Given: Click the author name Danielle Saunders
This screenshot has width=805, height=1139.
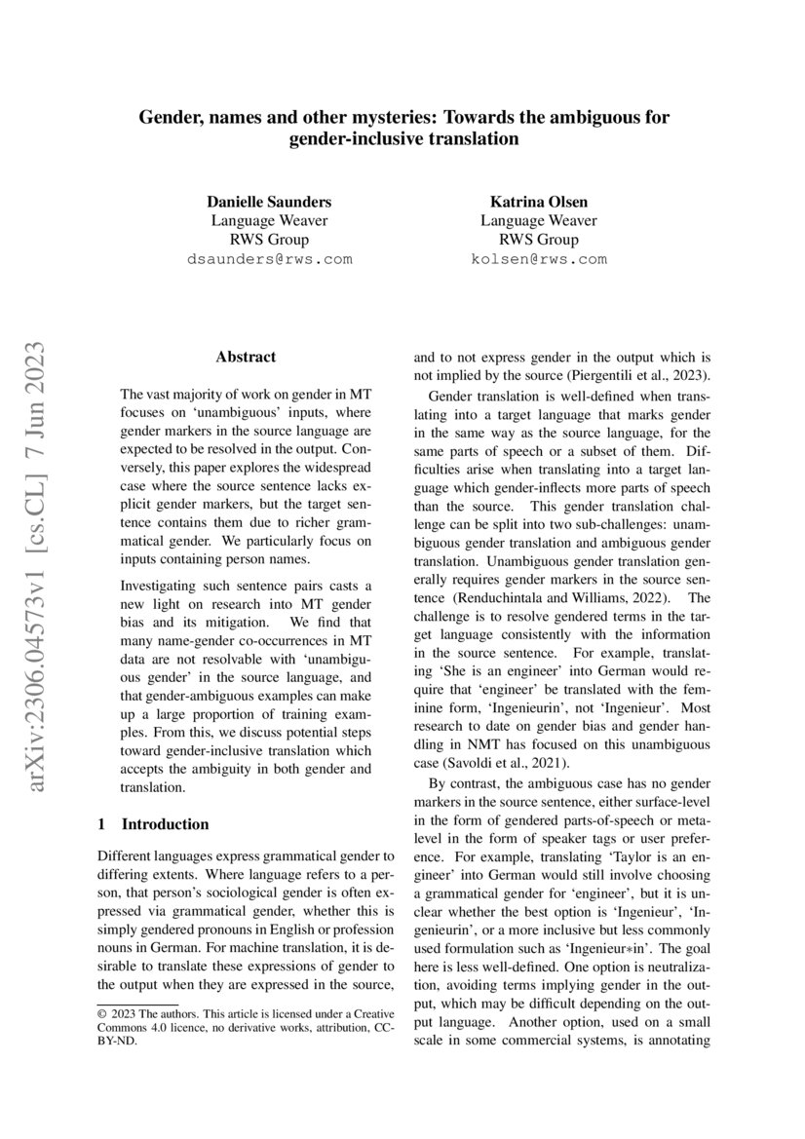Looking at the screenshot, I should coord(268,202).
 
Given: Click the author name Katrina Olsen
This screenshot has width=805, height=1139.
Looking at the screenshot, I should coord(538,202).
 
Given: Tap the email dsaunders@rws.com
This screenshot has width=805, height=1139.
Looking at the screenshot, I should coord(268,259).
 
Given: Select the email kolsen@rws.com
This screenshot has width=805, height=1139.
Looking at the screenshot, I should coord(538,259).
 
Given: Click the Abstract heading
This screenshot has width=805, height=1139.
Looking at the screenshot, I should coord(246,358).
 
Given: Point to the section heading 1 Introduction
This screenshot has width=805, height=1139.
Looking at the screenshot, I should coord(154,823).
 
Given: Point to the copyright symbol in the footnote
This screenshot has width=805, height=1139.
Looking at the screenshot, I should coord(103,1013).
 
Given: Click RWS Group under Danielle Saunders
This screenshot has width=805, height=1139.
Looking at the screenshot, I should coord(268,240).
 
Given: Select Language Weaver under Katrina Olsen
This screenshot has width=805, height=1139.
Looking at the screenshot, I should coord(538,220).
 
